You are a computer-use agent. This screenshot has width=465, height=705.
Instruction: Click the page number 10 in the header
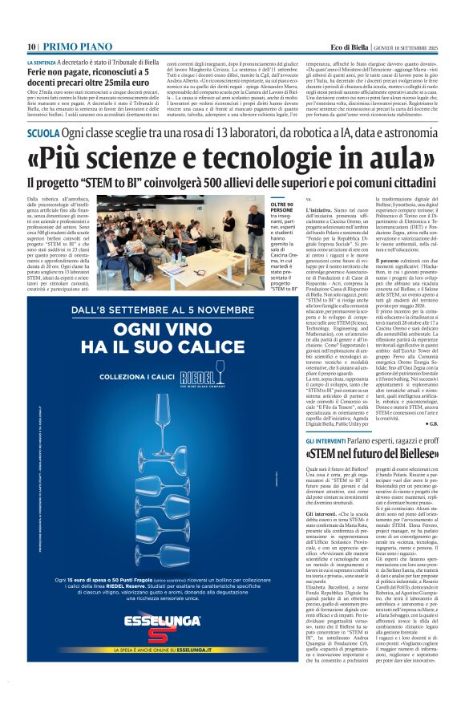tap(31, 47)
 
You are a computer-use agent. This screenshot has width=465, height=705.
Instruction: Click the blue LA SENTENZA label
tap(41, 63)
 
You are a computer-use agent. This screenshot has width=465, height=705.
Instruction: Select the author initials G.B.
tap(430, 423)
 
